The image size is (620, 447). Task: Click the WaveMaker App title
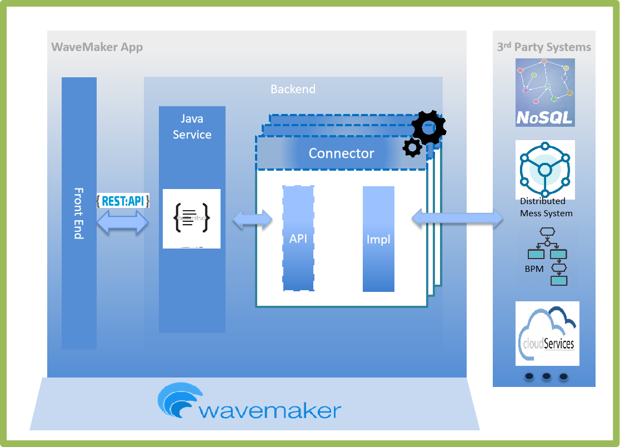pos(97,47)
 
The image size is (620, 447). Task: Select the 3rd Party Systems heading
pos(544,47)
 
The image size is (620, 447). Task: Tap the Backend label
pos(293,89)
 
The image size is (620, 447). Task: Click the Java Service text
pos(192,127)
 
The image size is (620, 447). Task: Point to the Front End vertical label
pos(78,213)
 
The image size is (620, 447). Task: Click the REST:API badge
pos(123,201)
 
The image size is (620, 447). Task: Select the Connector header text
pos(341,153)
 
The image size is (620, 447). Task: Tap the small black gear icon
pos(412,147)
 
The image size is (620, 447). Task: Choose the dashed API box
pos(298,239)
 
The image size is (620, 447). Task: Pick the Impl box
pos(378,239)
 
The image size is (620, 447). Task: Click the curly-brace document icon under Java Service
pos(192,218)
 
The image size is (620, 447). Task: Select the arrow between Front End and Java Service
pos(123,222)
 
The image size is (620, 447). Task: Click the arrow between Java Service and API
pos(252,220)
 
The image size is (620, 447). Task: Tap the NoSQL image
pos(544,92)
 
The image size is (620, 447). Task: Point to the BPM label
pos(534,269)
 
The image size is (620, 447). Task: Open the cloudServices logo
pos(547,334)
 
